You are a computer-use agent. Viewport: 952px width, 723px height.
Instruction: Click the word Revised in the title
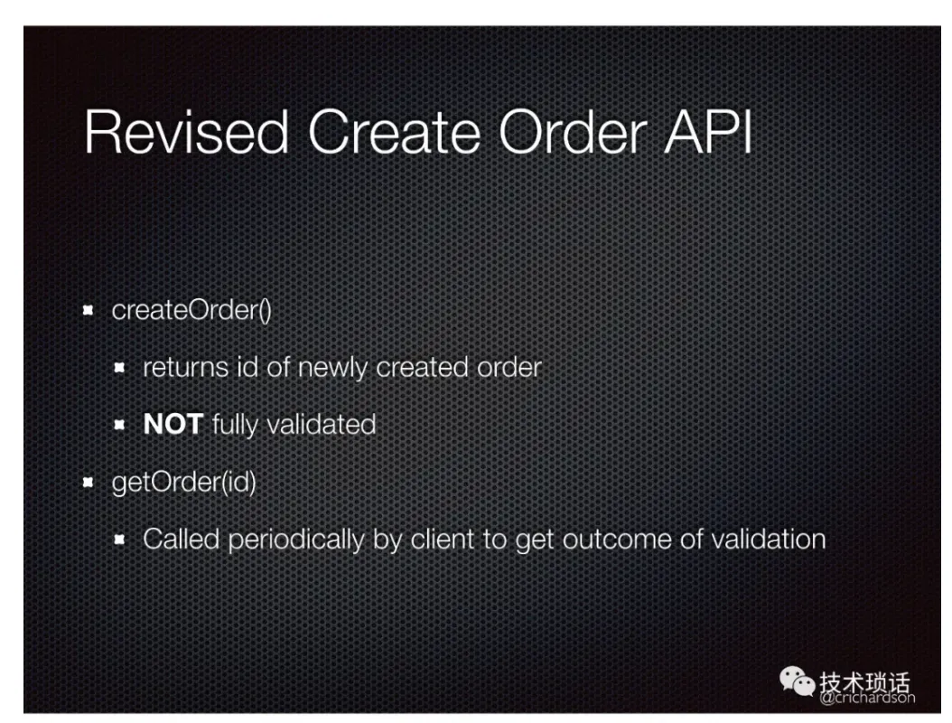pos(186,132)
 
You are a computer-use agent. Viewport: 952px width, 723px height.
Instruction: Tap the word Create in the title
pos(394,132)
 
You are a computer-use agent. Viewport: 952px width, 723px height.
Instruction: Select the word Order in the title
pos(573,132)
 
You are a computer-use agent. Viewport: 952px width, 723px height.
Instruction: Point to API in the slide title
pos(708,132)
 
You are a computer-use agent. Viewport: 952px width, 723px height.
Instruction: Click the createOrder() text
pos(191,311)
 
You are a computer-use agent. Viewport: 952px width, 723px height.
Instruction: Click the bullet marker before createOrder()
pos(88,311)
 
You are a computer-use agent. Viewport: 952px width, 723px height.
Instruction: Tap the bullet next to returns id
pos(119,368)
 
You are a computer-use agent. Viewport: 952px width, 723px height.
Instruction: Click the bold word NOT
pos(173,424)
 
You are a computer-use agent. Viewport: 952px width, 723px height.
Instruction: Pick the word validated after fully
pos(322,424)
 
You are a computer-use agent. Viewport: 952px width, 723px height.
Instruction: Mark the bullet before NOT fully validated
pos(119,425)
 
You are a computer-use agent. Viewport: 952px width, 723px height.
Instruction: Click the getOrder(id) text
pos(184,483)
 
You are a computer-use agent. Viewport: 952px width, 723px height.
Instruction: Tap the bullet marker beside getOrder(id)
pos(88,483)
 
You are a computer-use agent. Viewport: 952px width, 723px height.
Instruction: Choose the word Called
pos(181,539)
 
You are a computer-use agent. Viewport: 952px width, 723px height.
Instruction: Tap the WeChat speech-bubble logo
pos(797,681)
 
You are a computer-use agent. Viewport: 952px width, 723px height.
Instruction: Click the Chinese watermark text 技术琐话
pos(864,681)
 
